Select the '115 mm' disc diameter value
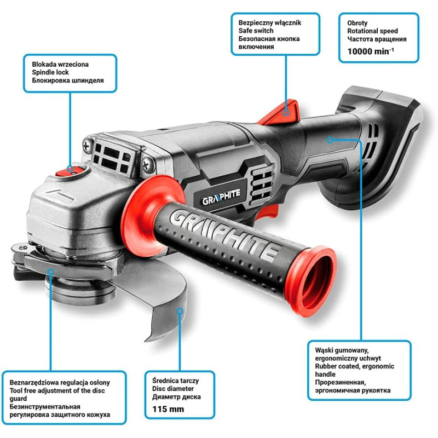pyautogui.click(x=168, y=409)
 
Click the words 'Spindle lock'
pyautogui.click(x=50, y=72)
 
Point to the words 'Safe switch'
pyautogui.click(x=256, y=31)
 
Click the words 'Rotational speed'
pyautogui.click(x=372, y=31)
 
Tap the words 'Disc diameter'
pyautogui.click(x=173, y=389)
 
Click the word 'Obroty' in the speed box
pyautogui.click(x=358, y=23)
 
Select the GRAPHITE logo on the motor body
pyautogui.click(x=221, y=197)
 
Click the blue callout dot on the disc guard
pyautogui.click(x=180, y=311)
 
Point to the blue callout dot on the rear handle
pyautogui.click(x=330, y=140)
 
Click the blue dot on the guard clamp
pyautogui.click(x=50, y=271)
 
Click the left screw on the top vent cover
pyautogui.click(x=88, y=145)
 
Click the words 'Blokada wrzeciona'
pyautogui.click(x=60, y=64)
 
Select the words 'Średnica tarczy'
pyautogui.click(x=175, y=381)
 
